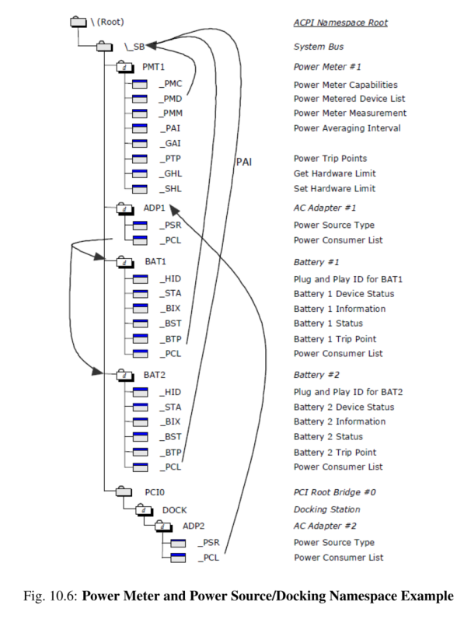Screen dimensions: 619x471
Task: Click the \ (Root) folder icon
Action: tap(78, 23)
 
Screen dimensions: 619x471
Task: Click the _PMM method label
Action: tap(171, 114)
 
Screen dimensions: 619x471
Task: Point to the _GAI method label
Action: tap(170, 144)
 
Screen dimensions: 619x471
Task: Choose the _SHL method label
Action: tap(170, 189)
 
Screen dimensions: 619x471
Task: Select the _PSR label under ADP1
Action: tap(170, 226)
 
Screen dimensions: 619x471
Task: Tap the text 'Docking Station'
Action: tap(326, 510)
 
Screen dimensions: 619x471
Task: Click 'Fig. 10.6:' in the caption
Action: tap(48, 597)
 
